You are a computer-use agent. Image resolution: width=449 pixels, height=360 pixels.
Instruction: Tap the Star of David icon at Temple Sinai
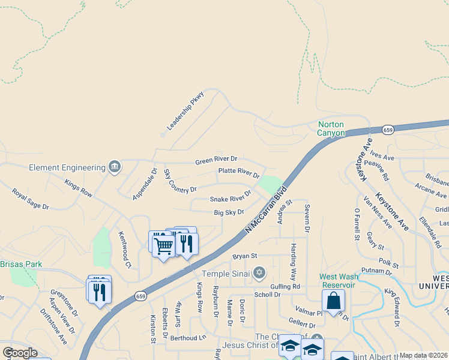click(259, 273)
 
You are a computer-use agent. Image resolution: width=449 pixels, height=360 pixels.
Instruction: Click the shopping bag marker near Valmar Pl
click(334, 301)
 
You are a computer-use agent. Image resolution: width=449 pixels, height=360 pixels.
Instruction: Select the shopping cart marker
click(163, 246)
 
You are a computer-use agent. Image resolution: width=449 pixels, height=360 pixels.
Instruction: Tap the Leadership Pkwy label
click(186, 111)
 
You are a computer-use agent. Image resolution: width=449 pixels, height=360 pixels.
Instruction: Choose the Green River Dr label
click(216, 160)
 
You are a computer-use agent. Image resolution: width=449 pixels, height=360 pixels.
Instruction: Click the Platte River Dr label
click(238, 173)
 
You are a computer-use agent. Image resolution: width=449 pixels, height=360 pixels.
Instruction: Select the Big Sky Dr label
click(229, 212)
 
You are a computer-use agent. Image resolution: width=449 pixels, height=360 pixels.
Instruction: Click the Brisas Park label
click(21, 264)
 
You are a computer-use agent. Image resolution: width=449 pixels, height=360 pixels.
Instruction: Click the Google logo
click(20, 353)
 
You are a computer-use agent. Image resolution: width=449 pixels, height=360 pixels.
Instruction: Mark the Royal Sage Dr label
click(30, 199)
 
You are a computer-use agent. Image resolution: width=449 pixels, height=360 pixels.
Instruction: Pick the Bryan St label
click(245, 256)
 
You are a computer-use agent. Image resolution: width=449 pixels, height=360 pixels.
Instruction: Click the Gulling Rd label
click(285, 287)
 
